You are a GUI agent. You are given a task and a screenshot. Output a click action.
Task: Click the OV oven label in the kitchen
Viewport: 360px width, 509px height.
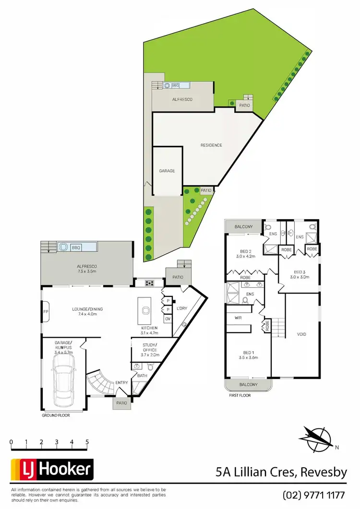click(x=168, y=319)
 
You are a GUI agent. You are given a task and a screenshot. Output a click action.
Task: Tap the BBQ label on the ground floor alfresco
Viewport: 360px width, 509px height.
click(x=75, y=248)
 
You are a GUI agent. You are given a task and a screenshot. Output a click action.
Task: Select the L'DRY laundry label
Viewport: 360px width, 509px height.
click(x=181, y=308)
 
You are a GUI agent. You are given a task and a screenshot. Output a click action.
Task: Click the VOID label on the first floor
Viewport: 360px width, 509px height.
click(x=301, y=334)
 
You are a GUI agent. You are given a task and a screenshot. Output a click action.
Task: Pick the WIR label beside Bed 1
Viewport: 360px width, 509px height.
click(x=238, y=318)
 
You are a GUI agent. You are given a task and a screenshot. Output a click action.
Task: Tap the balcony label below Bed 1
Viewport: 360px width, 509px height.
click(x=248, y=385)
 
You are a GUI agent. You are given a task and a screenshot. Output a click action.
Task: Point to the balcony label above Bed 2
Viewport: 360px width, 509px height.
click(x=244, y=226)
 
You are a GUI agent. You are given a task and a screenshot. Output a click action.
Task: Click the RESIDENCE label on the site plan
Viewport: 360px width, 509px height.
click(x=211, y=145)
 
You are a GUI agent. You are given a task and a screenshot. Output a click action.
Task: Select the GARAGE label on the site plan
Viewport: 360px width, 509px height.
click(x=167, y=171)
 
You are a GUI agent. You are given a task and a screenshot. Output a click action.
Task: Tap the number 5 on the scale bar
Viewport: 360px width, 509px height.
click(x=87, y=442)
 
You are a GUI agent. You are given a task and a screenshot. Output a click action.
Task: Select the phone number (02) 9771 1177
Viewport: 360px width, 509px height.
click(x=315, y=495)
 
